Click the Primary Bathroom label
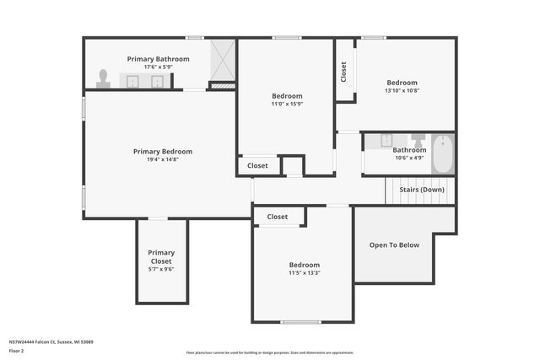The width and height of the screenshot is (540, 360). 158,59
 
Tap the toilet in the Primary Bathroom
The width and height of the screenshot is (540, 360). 103,78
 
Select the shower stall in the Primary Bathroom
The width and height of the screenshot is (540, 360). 222,61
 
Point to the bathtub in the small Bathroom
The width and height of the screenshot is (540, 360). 443,153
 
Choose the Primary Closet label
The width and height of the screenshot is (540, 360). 161,257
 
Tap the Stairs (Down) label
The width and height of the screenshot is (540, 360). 422,190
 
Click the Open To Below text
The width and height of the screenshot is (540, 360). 394,245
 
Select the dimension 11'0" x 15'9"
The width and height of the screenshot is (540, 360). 286,104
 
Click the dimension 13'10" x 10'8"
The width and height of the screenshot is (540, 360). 402,90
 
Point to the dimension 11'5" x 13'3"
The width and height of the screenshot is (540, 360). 304,272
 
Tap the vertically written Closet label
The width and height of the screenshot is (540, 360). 343,72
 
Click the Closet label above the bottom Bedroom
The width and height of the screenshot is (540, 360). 278,217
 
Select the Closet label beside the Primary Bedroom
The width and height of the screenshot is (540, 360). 257,166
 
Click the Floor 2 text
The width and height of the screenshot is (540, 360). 16,350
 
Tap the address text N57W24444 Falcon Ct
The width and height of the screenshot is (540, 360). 51,341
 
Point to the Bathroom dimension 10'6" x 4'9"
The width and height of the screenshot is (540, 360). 409,158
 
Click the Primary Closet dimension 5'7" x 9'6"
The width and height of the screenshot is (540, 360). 161,270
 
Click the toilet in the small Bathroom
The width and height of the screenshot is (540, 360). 418,140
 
